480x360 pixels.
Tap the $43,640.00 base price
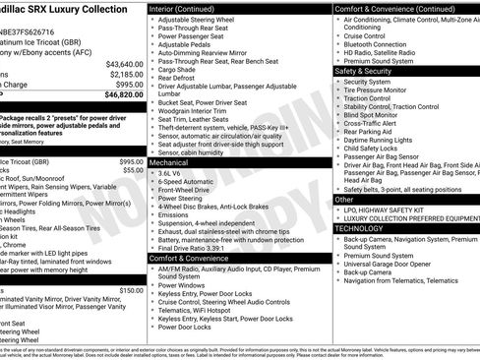pyautogui.click(x=124, y=63)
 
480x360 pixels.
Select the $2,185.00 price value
pyautogui.click(x=126, y=74)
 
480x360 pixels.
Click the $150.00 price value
pyautogui.click(x=131, y=290)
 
